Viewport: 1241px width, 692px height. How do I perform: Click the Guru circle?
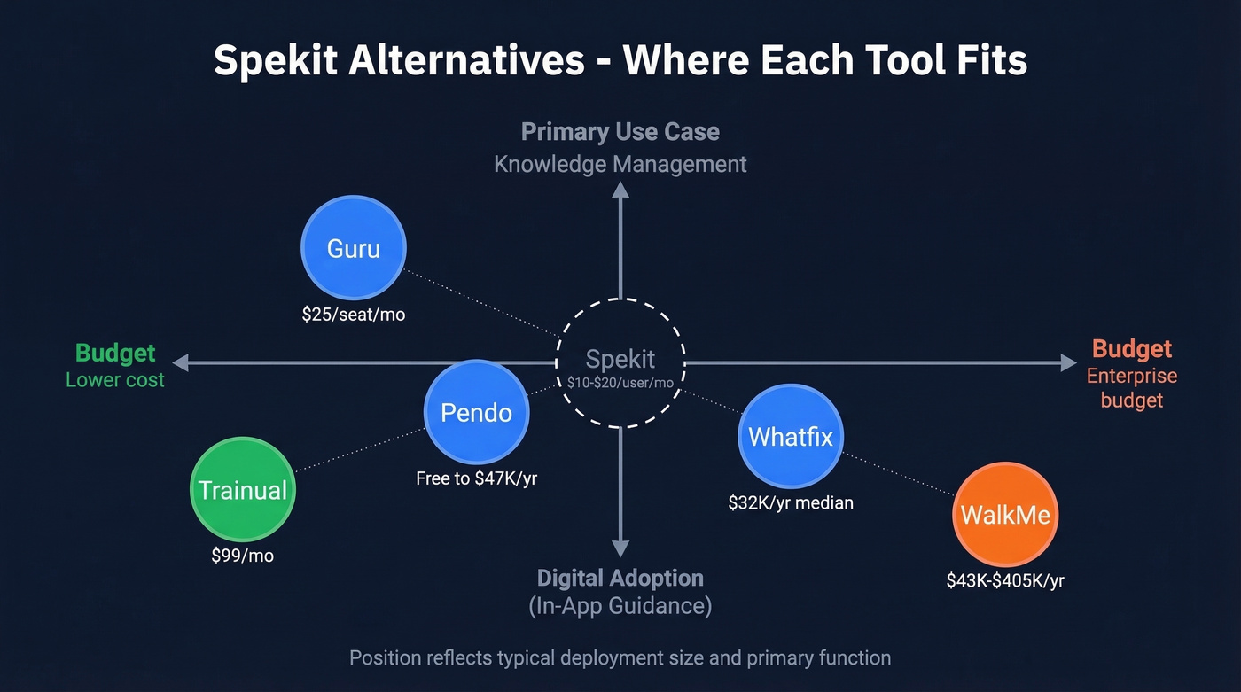354,248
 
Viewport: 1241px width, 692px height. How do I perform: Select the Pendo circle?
477,413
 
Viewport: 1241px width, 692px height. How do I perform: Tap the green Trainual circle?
243,490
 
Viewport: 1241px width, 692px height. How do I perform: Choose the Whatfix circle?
791,436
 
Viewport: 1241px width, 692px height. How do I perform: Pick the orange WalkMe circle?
1005,515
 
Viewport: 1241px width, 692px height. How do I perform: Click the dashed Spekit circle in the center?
620,363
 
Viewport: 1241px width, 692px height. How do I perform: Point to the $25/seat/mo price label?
354,314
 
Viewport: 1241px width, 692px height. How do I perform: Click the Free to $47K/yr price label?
477,478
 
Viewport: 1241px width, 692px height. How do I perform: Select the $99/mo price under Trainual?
243,556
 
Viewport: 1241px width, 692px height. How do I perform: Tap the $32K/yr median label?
791,502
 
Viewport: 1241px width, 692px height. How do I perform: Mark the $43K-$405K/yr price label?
1005,581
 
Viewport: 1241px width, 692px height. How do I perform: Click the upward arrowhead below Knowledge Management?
620,188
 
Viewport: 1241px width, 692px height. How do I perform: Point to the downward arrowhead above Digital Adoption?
620,548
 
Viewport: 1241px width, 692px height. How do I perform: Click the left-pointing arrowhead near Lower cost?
181,362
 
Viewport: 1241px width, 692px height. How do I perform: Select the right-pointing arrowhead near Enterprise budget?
1068,362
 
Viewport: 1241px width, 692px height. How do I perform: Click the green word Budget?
115,353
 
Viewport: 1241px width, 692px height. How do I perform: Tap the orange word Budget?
1132,349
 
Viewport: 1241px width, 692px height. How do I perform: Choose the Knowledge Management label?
620,164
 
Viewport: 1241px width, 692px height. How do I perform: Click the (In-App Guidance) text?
620,607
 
